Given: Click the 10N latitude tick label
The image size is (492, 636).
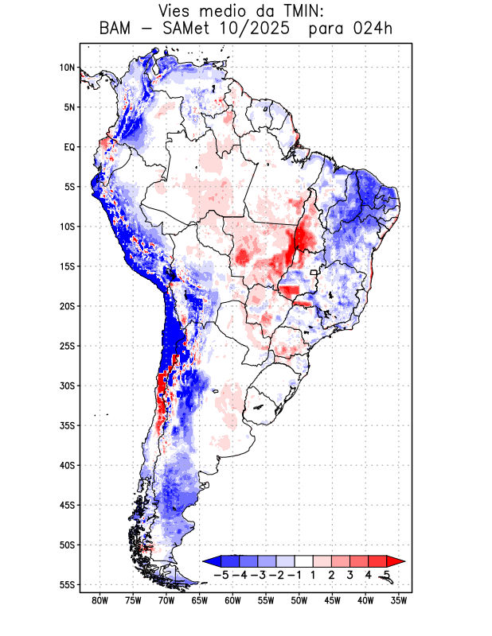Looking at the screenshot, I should pos(67,68).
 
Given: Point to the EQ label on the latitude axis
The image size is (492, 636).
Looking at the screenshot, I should pos(69,147).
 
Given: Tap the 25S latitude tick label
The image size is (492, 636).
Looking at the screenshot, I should pos(67,346).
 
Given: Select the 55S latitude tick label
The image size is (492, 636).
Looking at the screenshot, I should pos(67,584).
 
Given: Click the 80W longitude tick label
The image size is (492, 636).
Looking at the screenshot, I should pos(100,600).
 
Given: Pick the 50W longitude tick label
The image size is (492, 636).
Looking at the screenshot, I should pos(299,600).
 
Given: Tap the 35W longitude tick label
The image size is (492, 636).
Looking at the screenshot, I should pos(399,600).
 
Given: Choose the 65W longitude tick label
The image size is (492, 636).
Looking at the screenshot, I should pos(199,600).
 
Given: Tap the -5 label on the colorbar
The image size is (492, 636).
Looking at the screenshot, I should pos(221,574).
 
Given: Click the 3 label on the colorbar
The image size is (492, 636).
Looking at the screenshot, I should pos(350,574).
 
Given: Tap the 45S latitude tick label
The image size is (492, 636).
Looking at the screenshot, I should pos(67,505).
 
